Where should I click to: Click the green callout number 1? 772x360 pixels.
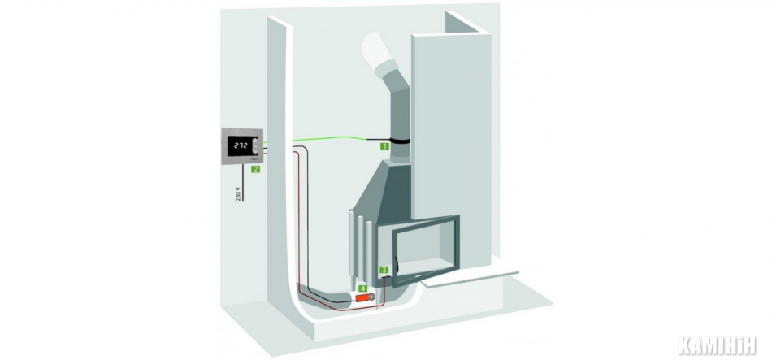(384, 145)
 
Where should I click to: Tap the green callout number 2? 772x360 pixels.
(255, 169)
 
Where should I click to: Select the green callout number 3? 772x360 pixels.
(384, 270)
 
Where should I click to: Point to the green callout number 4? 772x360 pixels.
(363, 288)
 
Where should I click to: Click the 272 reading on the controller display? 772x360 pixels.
(241, 145)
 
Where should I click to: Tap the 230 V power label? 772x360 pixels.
(238, 193)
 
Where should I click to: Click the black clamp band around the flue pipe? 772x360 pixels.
(399, 141)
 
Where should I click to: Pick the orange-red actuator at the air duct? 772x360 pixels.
(364, 298)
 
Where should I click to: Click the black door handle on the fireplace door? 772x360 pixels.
(396, 263)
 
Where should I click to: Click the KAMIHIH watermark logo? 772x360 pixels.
(717, 345)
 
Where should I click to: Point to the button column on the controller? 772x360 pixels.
(256, 146)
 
